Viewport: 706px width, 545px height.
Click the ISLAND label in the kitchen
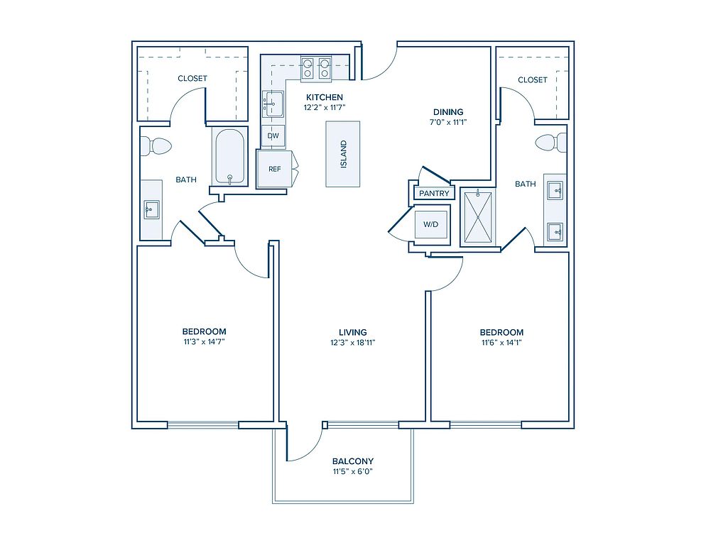tap(344, 155)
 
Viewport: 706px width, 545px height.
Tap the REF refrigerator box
tap(274, 169)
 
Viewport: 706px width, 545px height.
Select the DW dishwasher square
tap(273, 136)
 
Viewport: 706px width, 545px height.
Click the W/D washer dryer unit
tap(431, 224)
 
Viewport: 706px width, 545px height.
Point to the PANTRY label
tap(434, 194)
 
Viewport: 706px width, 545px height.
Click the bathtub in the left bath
tap(229, 157)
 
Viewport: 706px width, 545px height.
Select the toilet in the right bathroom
tap(550, 143)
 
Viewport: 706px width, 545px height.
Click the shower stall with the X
tap(478, 217)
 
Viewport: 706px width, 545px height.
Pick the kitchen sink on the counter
tap(273, 104)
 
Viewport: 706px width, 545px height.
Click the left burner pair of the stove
tap(308, 68)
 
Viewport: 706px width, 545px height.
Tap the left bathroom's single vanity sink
tap(151, 210)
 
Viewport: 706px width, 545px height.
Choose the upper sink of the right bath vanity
tap(555, 190)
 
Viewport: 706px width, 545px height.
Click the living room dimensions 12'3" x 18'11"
tap(352, 343)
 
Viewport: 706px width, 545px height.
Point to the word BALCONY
tap(353, 461)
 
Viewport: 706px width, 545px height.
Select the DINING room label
tap(448, 112)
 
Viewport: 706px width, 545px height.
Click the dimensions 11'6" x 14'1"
tap(501, 343)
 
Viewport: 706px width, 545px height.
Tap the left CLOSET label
tap(192, 78)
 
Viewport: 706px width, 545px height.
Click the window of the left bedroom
tap(203, 424)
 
